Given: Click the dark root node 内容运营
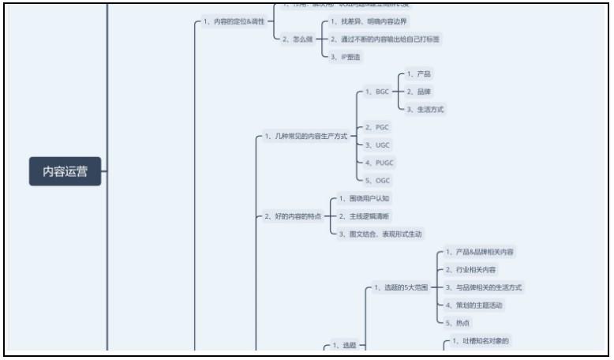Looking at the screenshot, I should (66, 171).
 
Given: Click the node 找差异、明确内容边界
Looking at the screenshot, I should (365, 21).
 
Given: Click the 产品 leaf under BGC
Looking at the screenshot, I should (419, 74).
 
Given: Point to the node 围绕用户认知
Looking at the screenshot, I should (363, 198).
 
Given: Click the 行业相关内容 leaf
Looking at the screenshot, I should (470, 270).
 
